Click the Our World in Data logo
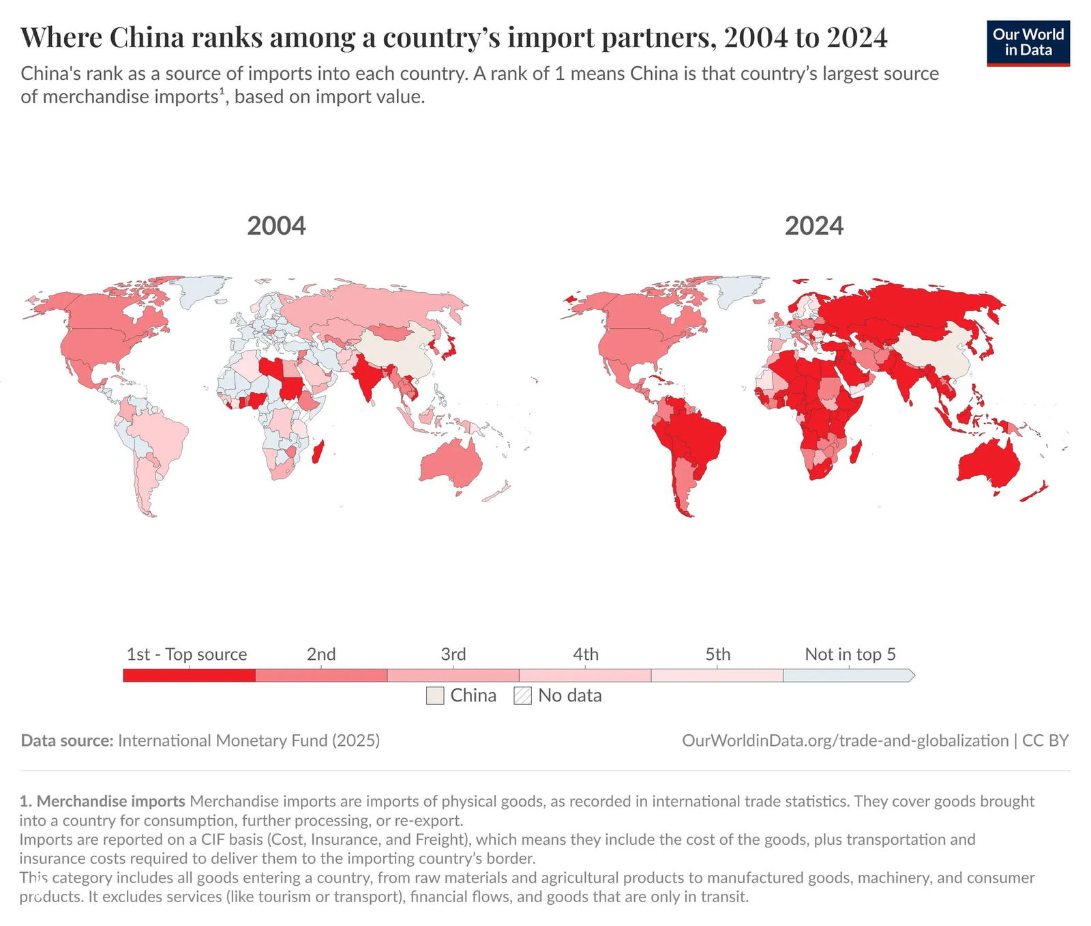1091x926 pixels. [1028, 43]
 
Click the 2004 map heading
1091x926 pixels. [276, 226]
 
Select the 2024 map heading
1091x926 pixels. [813, 226]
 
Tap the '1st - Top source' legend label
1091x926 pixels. [187, 654]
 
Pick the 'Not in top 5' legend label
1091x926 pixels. [850, 654]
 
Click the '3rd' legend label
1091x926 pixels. [453, 654]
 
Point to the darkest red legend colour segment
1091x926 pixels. [189, 676]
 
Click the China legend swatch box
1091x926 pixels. [435, 696]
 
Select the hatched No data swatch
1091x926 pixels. [522, 696]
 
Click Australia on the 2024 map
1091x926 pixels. [989, 464]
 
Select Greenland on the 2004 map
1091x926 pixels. [201, 289]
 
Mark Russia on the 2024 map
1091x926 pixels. [907, 307]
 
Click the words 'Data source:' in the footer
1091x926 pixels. [67, 740]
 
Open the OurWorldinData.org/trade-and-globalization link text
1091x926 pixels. [845, 740]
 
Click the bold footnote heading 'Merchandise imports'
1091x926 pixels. [110, 801]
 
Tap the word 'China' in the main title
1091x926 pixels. [147, 38]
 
